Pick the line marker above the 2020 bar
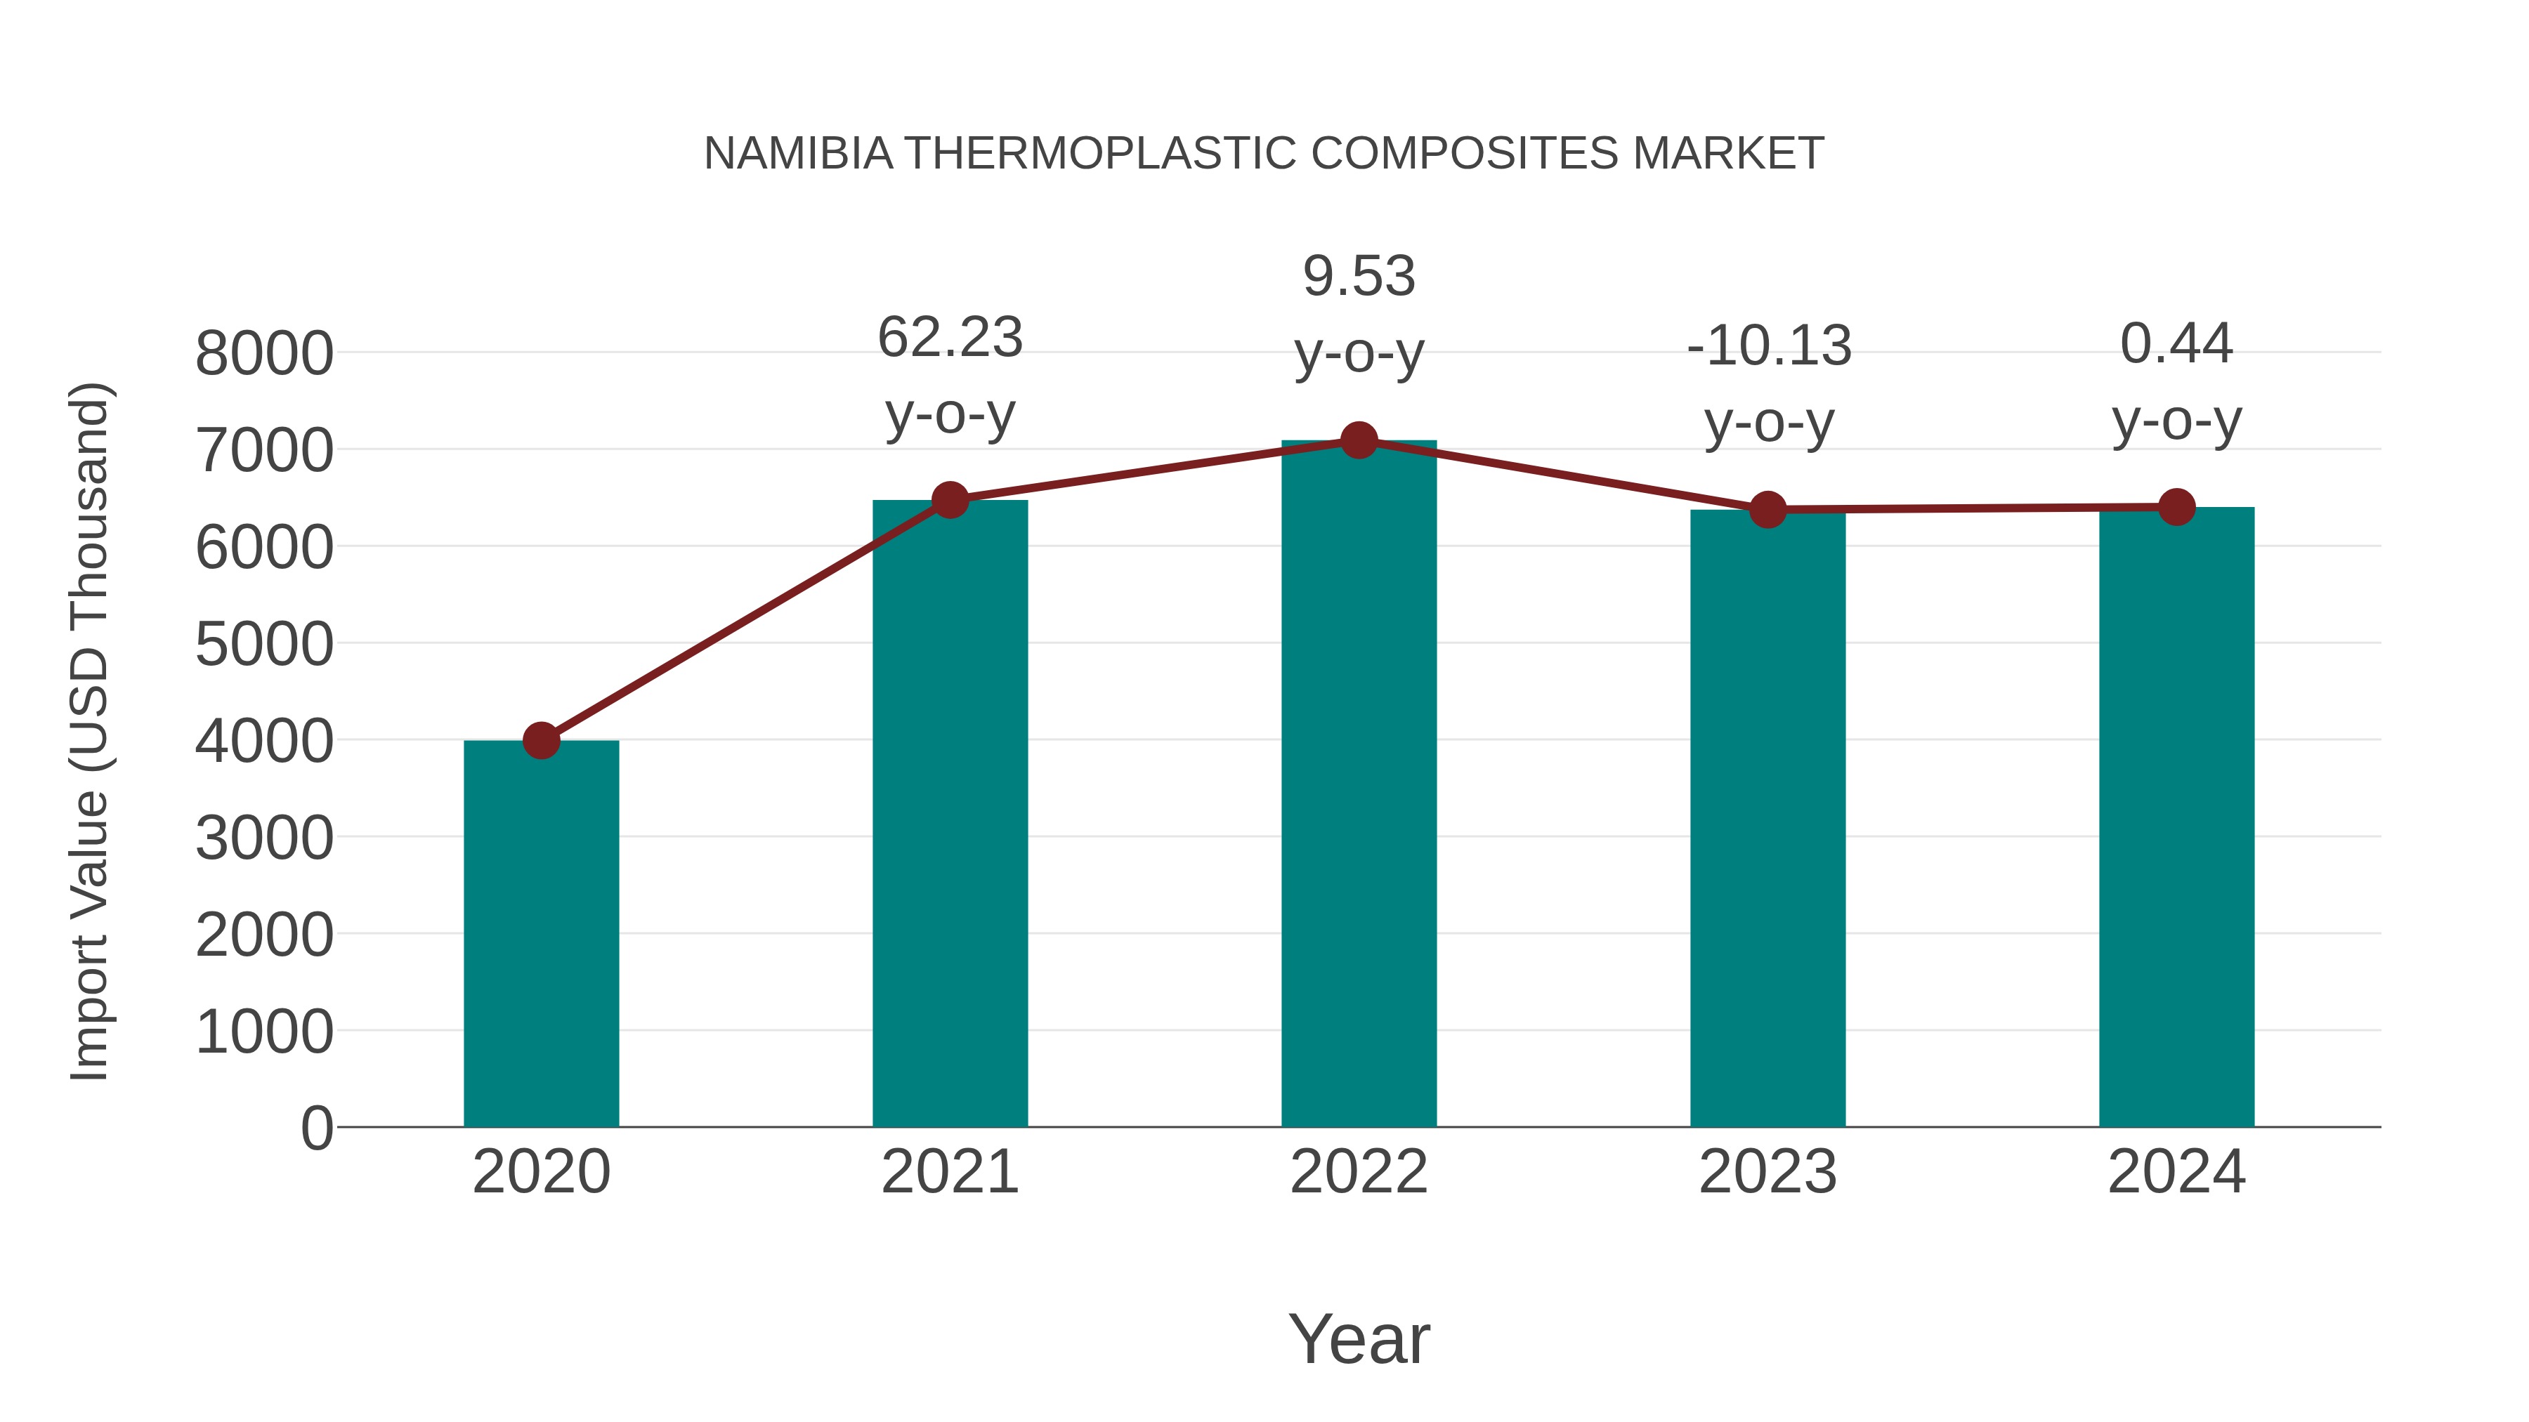(x=541, y=740)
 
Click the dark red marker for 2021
(x=949, y=501)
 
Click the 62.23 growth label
(x=949, y=338)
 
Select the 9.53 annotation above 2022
(x=1359, y=276)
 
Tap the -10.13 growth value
(x=1768, y=345)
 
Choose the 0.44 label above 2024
(x=2176, y=343)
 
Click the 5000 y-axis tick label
(x=264, y=645)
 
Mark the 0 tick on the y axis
(x=316, y=1128)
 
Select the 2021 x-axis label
(x=949, y=1172)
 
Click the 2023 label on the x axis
(x=1767, y=1172)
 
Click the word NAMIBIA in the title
(x=798, y=154)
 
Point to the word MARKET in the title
(x=1728, y=154)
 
